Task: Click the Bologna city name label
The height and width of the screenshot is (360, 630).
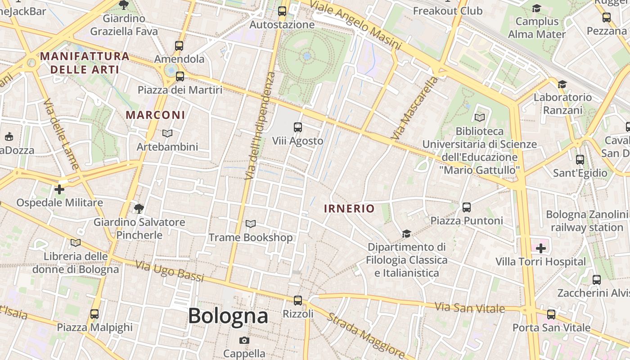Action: tap(228, 316)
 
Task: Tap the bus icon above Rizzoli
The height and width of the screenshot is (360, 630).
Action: tap(297, 300)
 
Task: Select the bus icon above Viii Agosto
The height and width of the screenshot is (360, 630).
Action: tap(297, 127)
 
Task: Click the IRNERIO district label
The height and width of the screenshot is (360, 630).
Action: tap(349, 208)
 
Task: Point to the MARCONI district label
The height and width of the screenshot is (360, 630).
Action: tap(155, 115)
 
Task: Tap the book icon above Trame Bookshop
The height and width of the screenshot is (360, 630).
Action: tap(251, 224)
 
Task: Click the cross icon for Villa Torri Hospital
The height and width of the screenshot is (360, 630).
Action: tap(540, 248)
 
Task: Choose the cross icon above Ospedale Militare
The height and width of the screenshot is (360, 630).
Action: tap(59, 189)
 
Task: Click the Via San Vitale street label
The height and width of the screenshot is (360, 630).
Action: tap(470, 308)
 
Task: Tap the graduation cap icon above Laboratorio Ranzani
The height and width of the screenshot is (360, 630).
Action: tap(562, 84)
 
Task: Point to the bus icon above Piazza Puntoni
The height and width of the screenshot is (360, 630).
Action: tap(467, 207)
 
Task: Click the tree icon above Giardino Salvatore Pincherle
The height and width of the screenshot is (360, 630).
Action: tap(139, 208)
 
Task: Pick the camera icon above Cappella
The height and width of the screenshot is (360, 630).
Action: tap(244, 340)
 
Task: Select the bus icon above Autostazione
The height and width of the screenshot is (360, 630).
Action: tap(282, 11)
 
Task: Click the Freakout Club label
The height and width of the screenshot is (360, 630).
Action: tap(447, 11)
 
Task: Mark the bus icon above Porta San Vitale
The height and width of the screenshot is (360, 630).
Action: tap(551, 315)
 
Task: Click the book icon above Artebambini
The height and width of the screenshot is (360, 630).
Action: tap(167, 134)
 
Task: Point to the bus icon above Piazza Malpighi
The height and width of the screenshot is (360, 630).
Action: tap(94, 314)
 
